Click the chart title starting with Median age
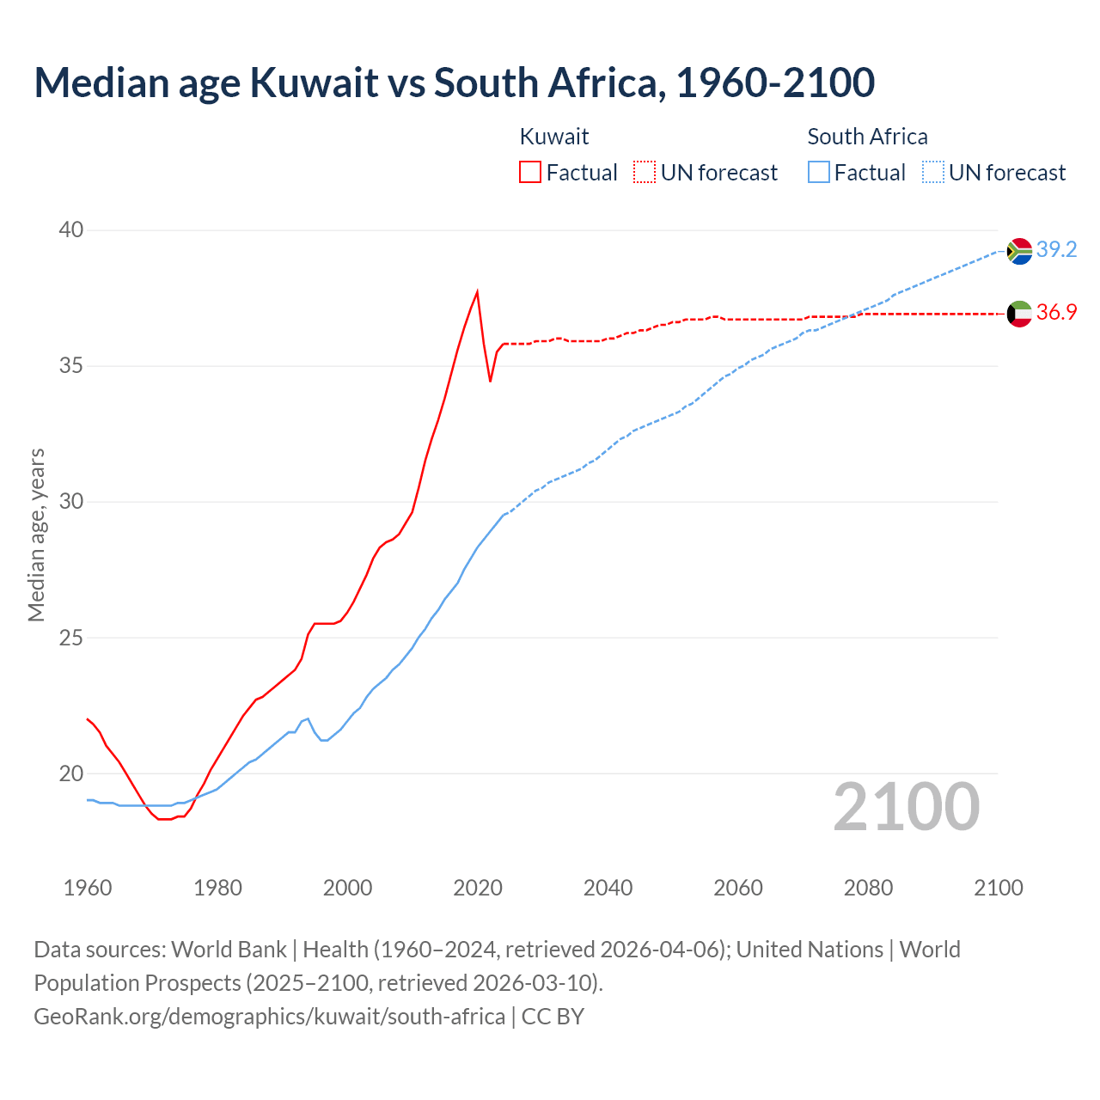454,82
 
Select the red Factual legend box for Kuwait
530,172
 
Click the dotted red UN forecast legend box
645,172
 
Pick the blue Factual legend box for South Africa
819,172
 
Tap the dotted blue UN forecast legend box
933,172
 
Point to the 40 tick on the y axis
71,229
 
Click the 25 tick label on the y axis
71,638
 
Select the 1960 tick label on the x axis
88,888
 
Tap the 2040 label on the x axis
608,888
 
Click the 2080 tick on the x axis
868,888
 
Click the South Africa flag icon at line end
1019,251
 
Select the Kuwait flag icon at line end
1019,314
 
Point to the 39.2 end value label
1056,249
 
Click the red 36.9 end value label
1056,312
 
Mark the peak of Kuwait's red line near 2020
477,291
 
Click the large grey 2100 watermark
906,806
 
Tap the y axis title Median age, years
36,535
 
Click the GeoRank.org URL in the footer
269,1016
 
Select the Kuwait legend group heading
554,137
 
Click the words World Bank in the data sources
229,949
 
